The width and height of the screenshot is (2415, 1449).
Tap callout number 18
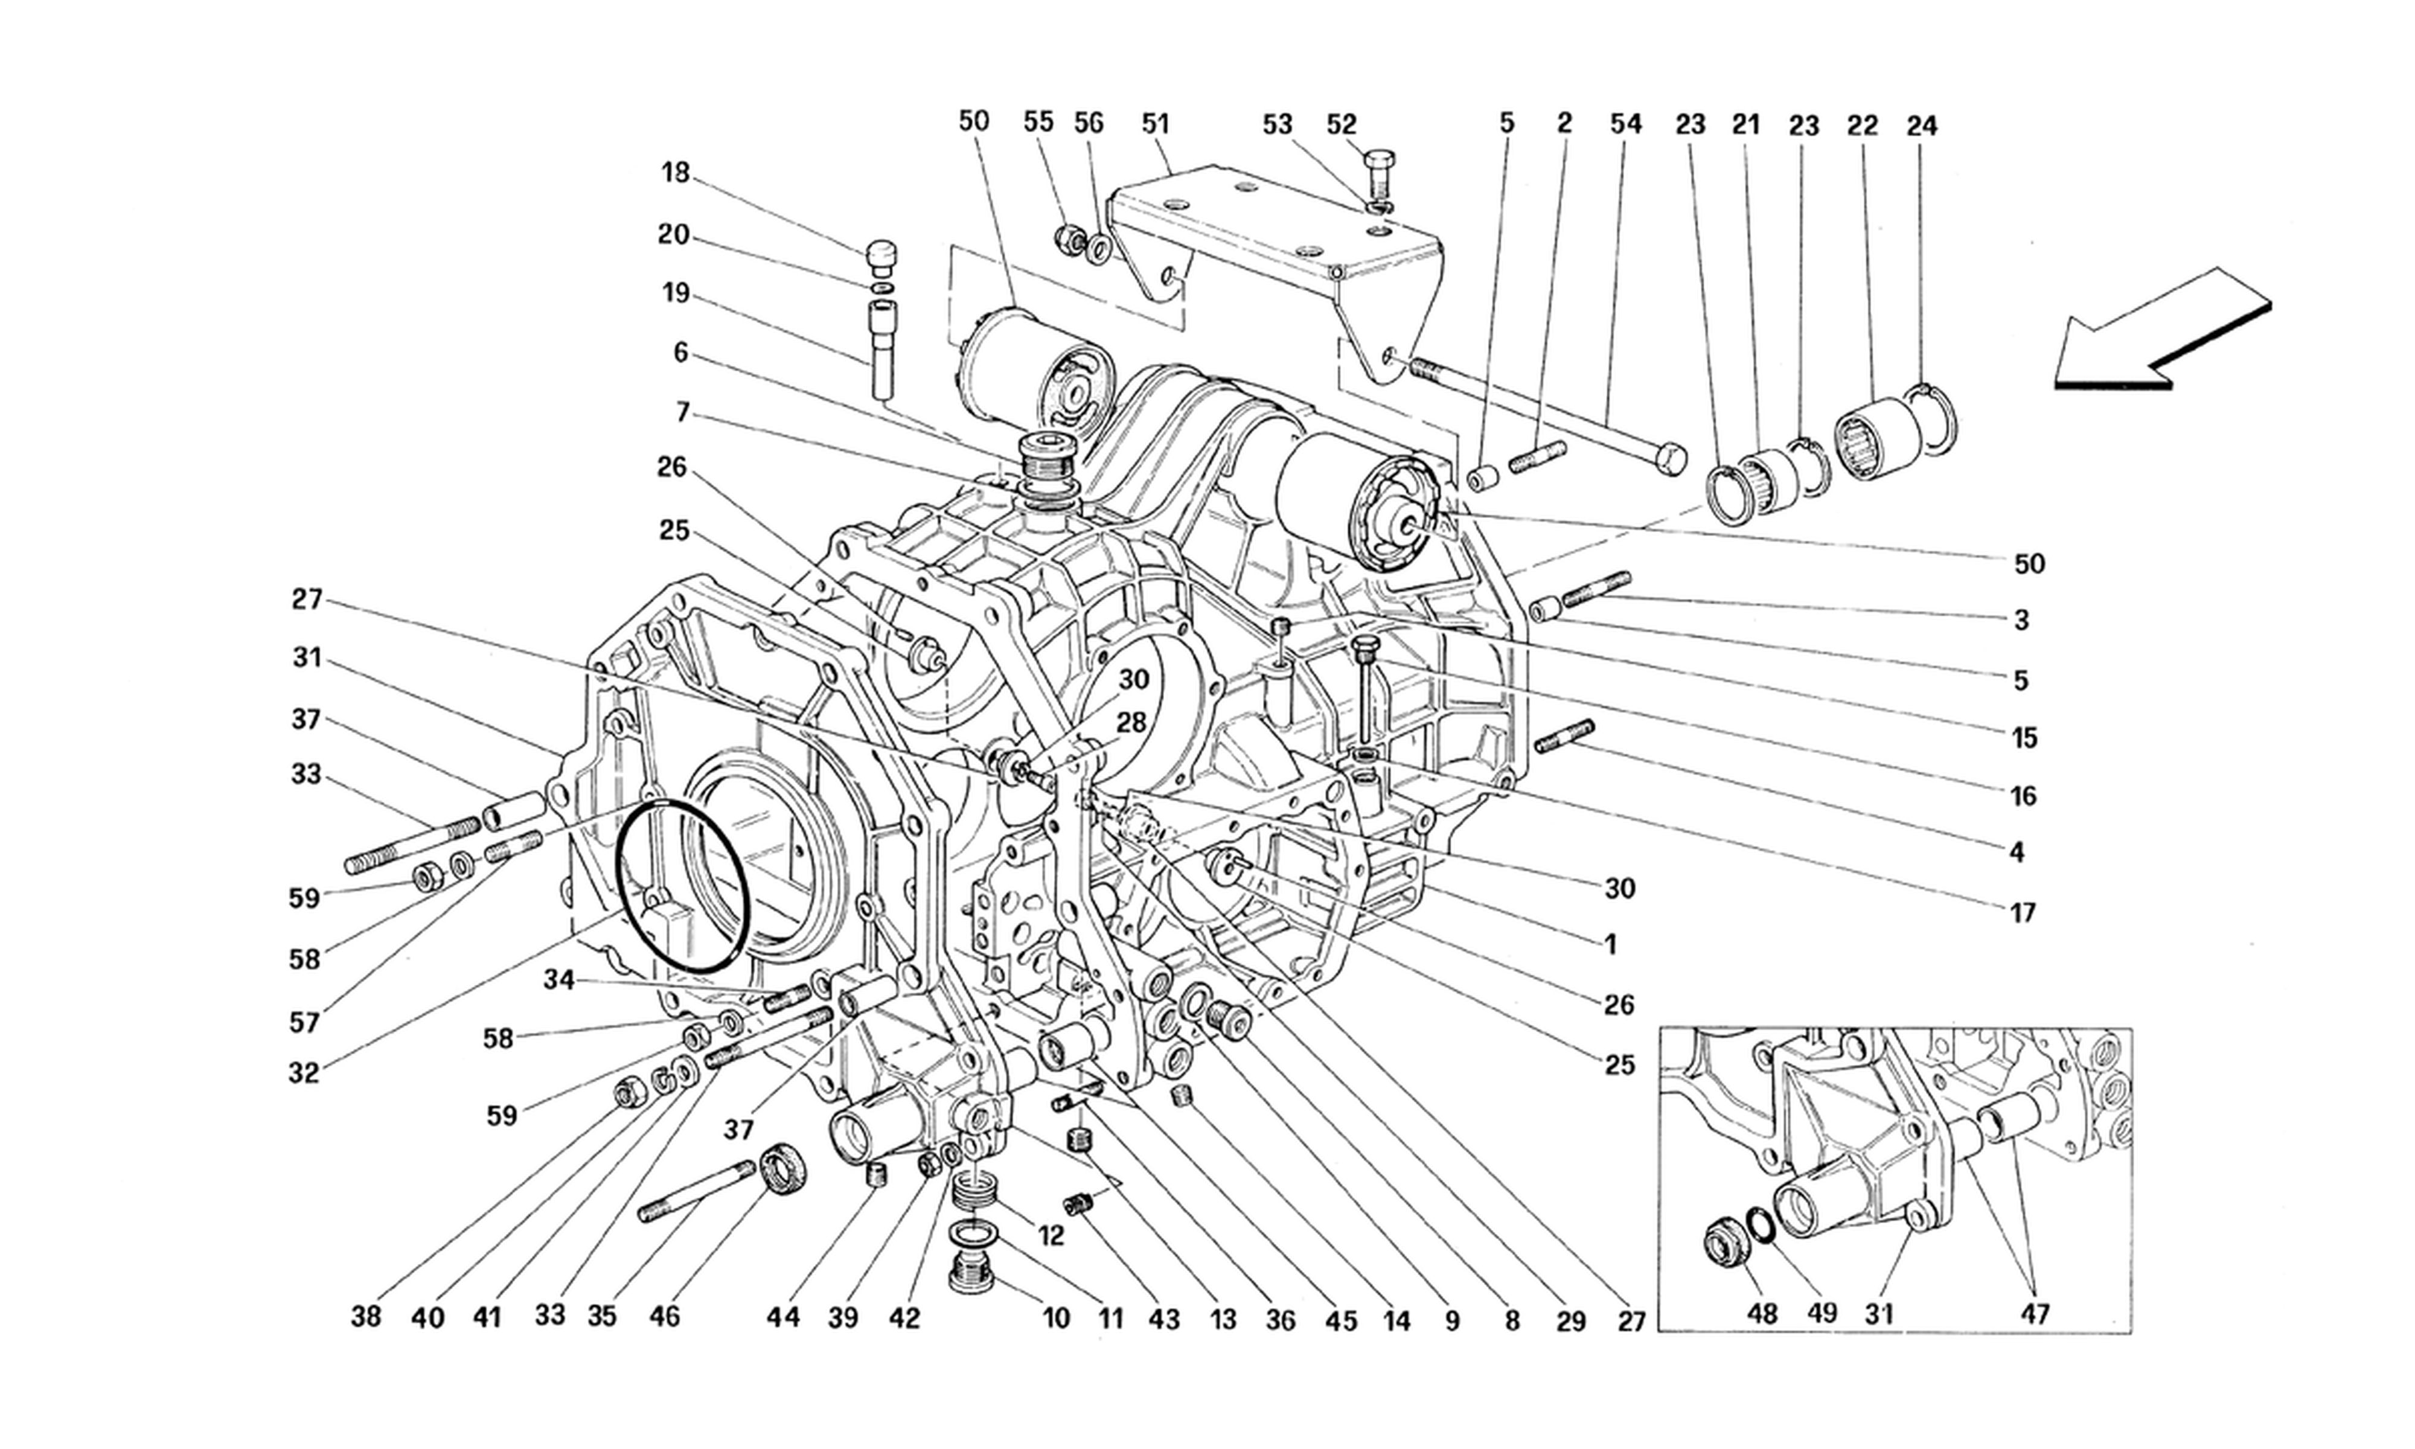[676, 174]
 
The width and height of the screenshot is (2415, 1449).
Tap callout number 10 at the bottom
[1056, 1319]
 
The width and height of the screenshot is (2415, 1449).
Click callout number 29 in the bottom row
[1570, 1321]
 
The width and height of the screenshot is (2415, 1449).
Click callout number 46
[665, 1316]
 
